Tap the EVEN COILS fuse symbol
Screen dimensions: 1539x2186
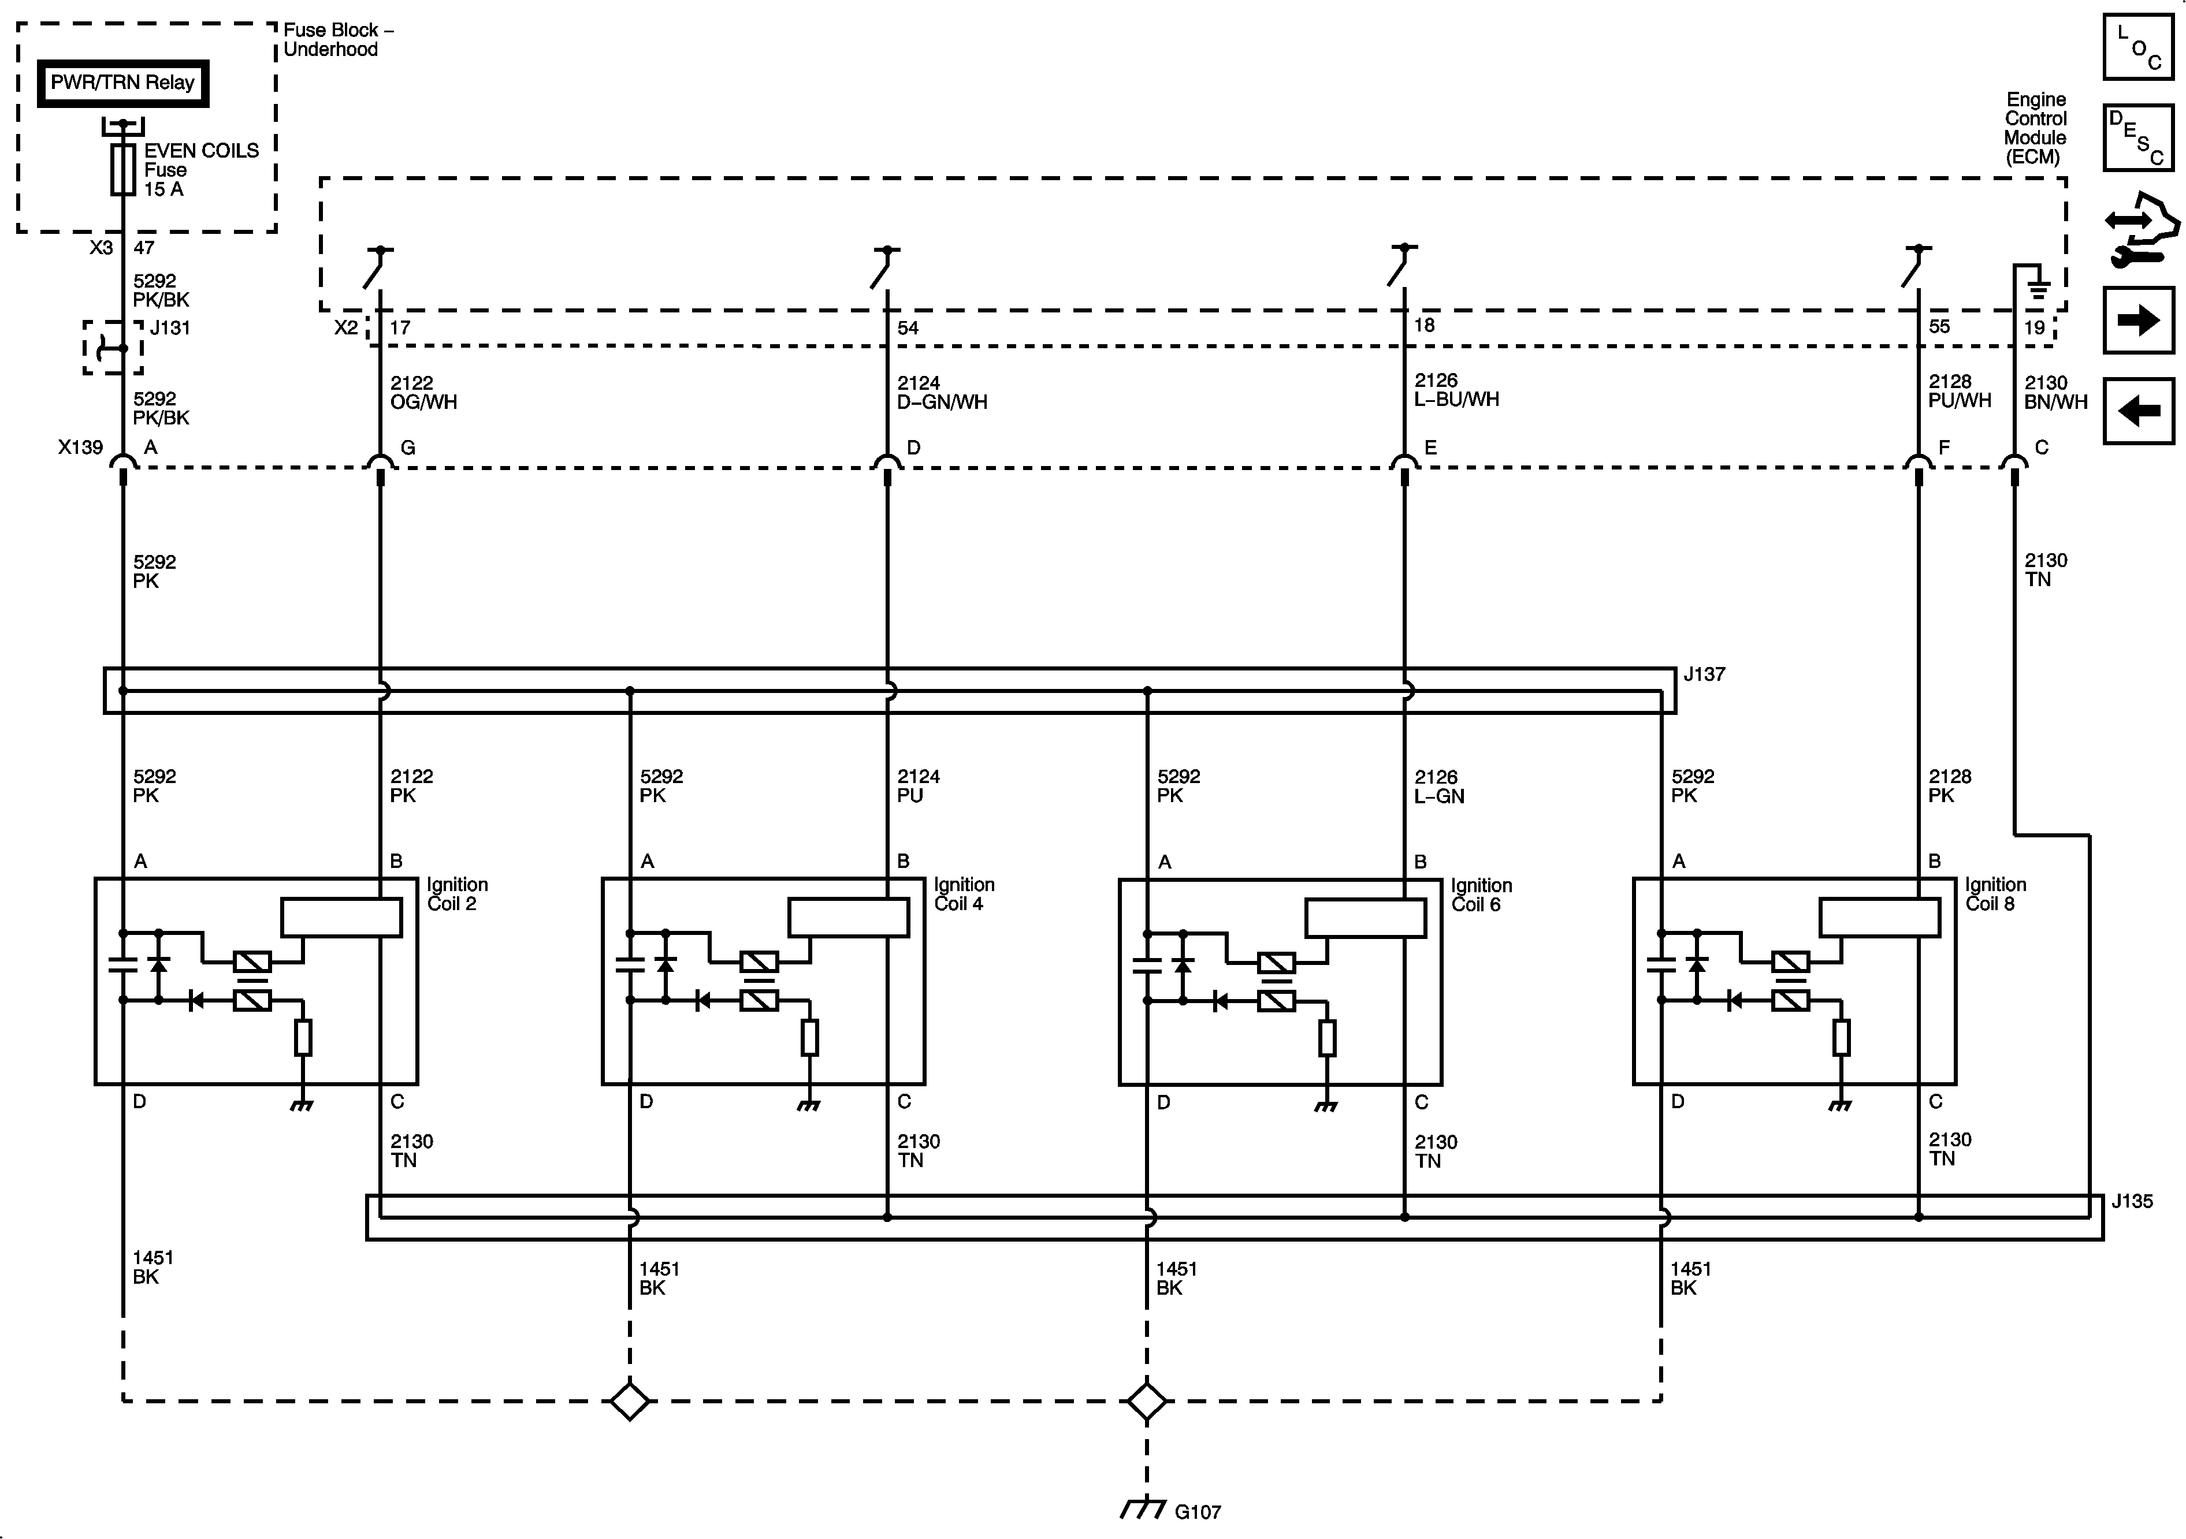123,169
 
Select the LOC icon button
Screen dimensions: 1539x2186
2137,47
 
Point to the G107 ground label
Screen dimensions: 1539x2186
1197,1511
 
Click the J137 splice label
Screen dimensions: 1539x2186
1703,675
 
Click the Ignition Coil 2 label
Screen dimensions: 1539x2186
457,895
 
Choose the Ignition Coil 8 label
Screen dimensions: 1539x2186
1995,895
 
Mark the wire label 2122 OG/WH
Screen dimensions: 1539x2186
423,392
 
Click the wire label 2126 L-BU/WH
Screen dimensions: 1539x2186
1456,390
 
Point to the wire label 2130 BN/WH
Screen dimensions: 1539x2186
2055,392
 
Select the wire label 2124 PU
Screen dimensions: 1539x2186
918,786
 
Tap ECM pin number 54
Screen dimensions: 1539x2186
908,329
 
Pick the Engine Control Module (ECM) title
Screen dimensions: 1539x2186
2036,128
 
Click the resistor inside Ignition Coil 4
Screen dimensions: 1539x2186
809,1037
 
